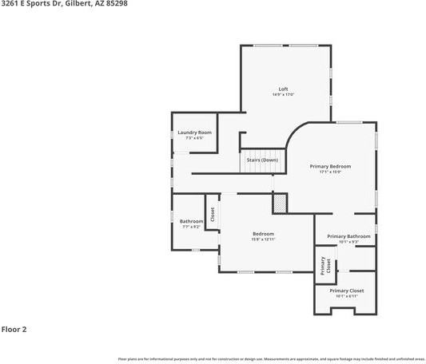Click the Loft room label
(283, 89)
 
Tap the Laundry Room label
(194, 132)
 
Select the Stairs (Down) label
(262, 160)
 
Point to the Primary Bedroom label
(330, 166)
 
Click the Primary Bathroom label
(348, 236)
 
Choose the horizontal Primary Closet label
(346, 291)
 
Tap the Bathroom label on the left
(191, 221)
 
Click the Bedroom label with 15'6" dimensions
(263, 234)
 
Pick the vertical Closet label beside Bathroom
(213, 214)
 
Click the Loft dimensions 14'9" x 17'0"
(283, 95)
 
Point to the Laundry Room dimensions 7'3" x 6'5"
(194, 138)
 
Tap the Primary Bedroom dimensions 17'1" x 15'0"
(330, 172)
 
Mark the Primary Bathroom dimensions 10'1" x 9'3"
(348, 243)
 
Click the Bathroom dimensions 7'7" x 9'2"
(191, 227)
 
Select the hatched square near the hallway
(280, 204)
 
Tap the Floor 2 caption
(14, 329)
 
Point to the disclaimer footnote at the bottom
(271, 359)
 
